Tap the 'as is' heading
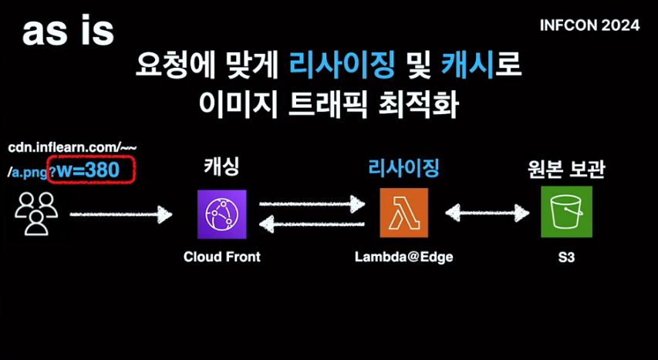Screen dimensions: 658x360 (x=68, y=31)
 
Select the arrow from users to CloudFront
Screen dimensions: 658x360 (x=120, y=213)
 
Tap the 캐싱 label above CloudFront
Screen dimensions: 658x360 (x=221, y=166)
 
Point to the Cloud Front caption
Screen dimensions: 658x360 (x=221, y=257)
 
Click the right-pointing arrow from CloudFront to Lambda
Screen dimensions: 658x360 (x=312, y=204)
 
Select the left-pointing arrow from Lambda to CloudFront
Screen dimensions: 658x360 (x=312, y=224)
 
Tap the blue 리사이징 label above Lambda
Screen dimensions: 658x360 (x=403, y=166)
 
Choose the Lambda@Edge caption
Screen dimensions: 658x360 (x=403, y=257)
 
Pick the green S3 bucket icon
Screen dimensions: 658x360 (x=566, y=212)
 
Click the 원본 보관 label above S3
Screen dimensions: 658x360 (x=566, y=168)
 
